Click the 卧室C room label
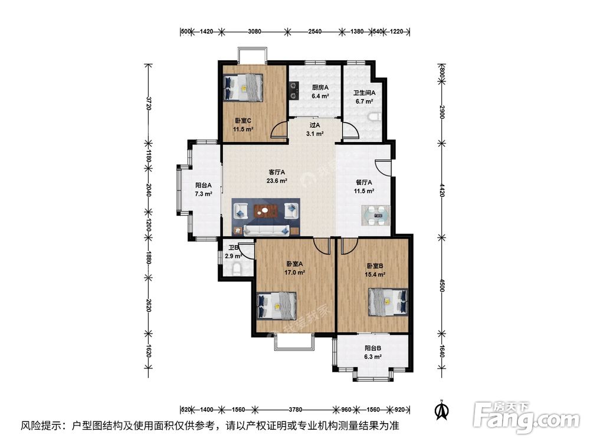(243, 121)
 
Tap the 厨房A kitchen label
(320, 88)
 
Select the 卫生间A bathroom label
(364, 93)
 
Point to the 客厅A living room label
(277, 172)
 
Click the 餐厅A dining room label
(364, 182)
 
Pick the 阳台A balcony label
(203, 185)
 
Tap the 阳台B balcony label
(373, 348)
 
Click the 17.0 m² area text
(294, 272)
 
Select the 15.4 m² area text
(375, 275)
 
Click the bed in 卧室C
(243, 88)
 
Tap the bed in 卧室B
(388, 302)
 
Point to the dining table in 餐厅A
(376, 216)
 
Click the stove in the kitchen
(293, 90)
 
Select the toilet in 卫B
(237, 269)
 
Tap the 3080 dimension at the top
(254, 32)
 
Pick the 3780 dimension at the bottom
(295, 410)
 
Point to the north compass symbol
(442, 410)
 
